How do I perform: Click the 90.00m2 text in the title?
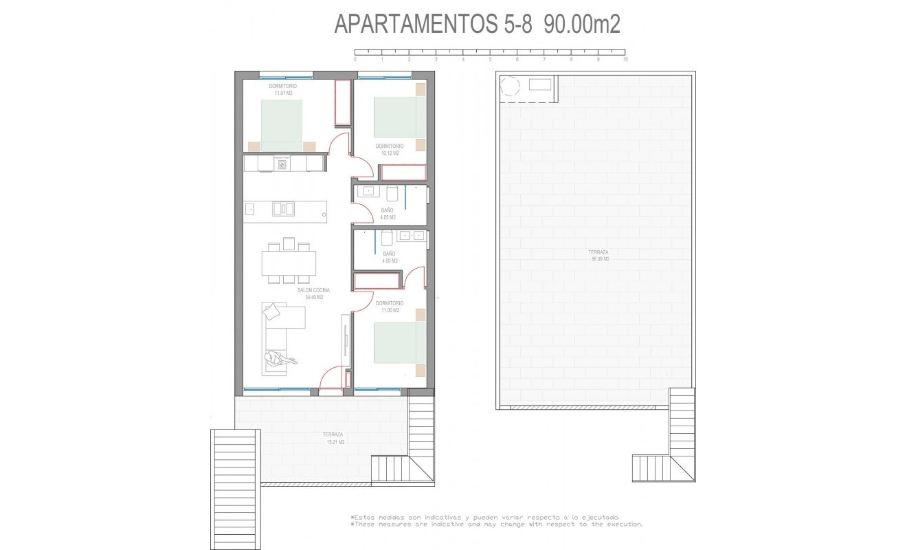pyautogui.click(x=582, y=25)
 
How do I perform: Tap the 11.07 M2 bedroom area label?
pyautogui.click(x=282, y=89)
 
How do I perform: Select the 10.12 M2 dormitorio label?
pyautogui.click(x=389, y=149)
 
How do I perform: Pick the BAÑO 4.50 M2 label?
pyautogui.click(x=389, y=257)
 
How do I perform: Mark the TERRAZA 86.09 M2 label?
pyautogui.click(x=598, y=256)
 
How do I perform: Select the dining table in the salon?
pyautogui.click(x=289, y=263)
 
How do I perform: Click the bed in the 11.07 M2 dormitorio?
pyautogui.click(x=282, y=124)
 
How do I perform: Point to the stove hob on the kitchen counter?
pyautogui.click(x=282, y=164)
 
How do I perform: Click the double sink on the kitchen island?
pyautogui.click(x=283, y=208)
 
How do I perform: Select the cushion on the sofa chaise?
pyautogui.click(x=272, y=311)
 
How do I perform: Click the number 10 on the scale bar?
pyautogui.click(x=625, y=60)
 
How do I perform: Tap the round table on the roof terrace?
pyautogui.click(x=511, y=87)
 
